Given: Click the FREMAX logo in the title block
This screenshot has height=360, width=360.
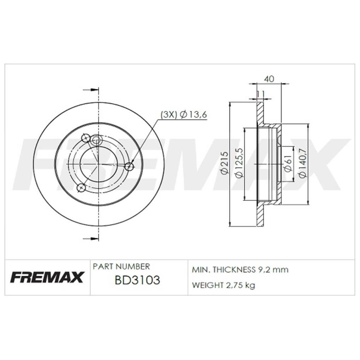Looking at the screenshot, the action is click(x=47, y=277).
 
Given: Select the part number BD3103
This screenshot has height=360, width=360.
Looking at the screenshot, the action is click(x=137, y=280).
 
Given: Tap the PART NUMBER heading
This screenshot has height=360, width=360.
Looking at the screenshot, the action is click(x=121, y=266).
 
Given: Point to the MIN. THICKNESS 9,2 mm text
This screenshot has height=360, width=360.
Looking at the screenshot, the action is click(x=240, y=270).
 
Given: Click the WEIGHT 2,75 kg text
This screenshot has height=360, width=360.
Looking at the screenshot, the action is click(x=223, y=285).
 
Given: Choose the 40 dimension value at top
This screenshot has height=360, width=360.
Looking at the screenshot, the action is click(x=269, y=79).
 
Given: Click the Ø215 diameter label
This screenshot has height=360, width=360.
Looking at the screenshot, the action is click(x=224, y=163).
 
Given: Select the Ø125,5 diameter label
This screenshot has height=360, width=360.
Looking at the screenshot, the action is click(x=239, y=163).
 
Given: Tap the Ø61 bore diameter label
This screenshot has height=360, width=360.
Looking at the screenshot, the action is click(x=288, y=163).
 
